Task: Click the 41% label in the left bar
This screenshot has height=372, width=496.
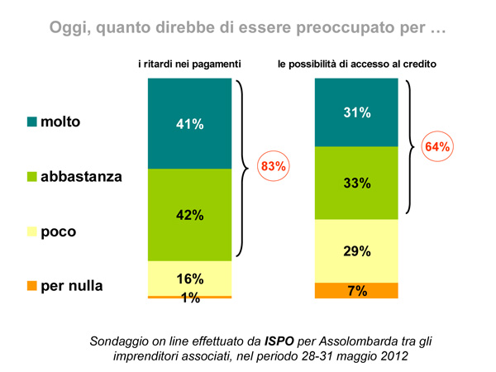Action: (x=190, y=124)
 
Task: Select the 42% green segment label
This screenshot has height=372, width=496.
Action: (x=190, y=215)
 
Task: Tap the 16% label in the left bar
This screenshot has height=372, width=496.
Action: (x=190, y=279)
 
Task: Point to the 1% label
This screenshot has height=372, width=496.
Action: (x=190, y=298)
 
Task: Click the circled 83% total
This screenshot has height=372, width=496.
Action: (x=273, y=166)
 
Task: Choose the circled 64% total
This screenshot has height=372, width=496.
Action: (x=437, y=146)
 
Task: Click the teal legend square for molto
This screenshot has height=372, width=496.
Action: (x=32, y=122)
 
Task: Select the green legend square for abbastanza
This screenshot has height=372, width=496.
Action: (x=32, y=177)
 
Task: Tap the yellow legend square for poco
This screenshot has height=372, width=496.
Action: (x=32, y=231)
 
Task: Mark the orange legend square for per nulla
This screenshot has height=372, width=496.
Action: (x=32, y=286)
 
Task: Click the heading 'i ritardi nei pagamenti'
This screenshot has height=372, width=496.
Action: (x=189, y=63)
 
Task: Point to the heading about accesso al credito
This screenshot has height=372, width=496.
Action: (x=356, y=63)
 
